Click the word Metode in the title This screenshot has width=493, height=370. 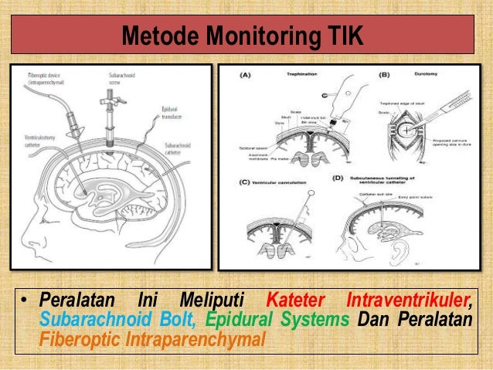[158, 37]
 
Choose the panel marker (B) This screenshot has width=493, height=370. [383, 76]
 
